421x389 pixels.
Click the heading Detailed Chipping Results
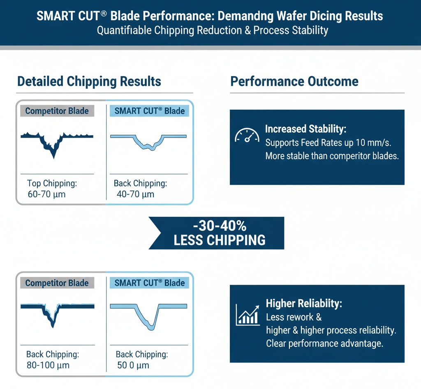(89, 81)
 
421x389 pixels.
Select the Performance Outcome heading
(294, 81)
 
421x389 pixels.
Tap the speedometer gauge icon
(247, 135)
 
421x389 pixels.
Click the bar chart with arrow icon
(248, 314)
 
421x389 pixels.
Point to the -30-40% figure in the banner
(220, 226)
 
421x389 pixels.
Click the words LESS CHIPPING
(220, 240)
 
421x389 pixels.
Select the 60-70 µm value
(46, 194)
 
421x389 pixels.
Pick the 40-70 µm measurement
(136, 194)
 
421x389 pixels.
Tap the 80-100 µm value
(48, 365)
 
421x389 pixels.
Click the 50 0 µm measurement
(133, 365)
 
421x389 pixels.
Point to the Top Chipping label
(52, 183)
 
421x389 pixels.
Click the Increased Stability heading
(306, 129)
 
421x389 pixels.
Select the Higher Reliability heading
(304, 304)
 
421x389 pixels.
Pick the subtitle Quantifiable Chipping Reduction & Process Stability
(213, 31)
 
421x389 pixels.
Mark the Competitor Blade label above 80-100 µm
(57, 283)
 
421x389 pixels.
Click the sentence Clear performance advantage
(325, 343)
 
